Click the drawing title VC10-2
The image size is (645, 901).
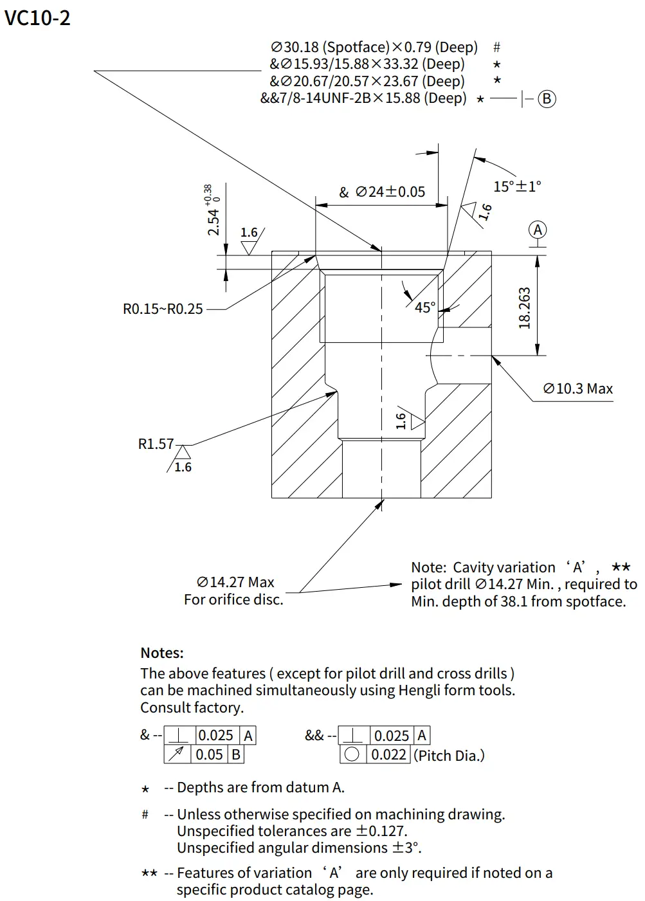pos(37,17)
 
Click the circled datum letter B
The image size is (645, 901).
pos(547,98)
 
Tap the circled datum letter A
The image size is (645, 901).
pos(538,230)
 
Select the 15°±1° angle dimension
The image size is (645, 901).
pos(517,187)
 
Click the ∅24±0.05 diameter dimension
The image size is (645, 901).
pos(390,192)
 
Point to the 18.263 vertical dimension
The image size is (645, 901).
pos(525,308)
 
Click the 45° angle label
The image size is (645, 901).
pos(425,307)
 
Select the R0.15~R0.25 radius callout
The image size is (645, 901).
pos(163,309)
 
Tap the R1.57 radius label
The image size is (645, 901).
pos(156,444)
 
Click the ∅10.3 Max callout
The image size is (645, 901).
pos(577,388)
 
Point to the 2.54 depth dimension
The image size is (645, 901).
pos(213,221)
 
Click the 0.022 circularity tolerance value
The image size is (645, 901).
pos(388,754)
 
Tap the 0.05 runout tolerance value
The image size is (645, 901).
pos(209,754)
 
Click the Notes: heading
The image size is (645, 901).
pos(162,653)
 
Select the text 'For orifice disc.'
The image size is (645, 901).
pos(233,599)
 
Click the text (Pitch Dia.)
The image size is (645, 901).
pos(449,755)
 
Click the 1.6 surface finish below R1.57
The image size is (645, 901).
pos(183,467)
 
